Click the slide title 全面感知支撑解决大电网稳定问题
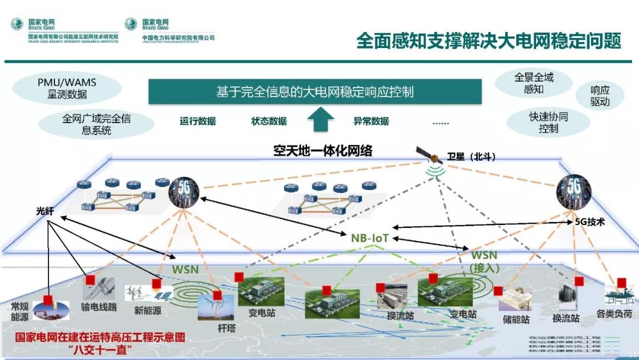point(488,41)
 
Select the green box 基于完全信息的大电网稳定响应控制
point(315,92)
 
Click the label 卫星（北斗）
point(471,157)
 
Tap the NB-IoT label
point(370,238)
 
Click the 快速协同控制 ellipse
point(548,123)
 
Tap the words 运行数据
point(198,121)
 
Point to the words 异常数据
point(371,121)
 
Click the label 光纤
point(44,211)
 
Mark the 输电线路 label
point(99,307)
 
